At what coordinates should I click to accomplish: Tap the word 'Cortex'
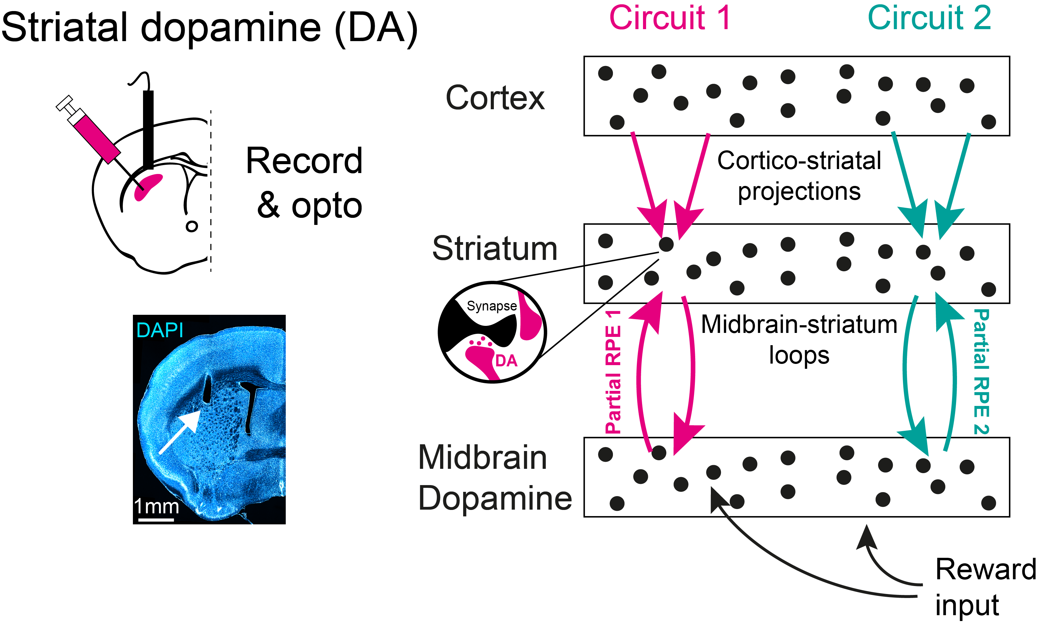click(x=495, y=98)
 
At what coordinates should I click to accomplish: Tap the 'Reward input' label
click(x=985, y=587)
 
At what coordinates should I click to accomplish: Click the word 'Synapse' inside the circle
click(x=492, y=306)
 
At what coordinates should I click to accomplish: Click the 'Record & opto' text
click(x=304, y=183)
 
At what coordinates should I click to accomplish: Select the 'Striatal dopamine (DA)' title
click(x=209, y=28)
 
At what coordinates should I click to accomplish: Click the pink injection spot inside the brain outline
click(x=148, y=186)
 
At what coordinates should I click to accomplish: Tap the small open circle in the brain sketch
click(x=192, y=226)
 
